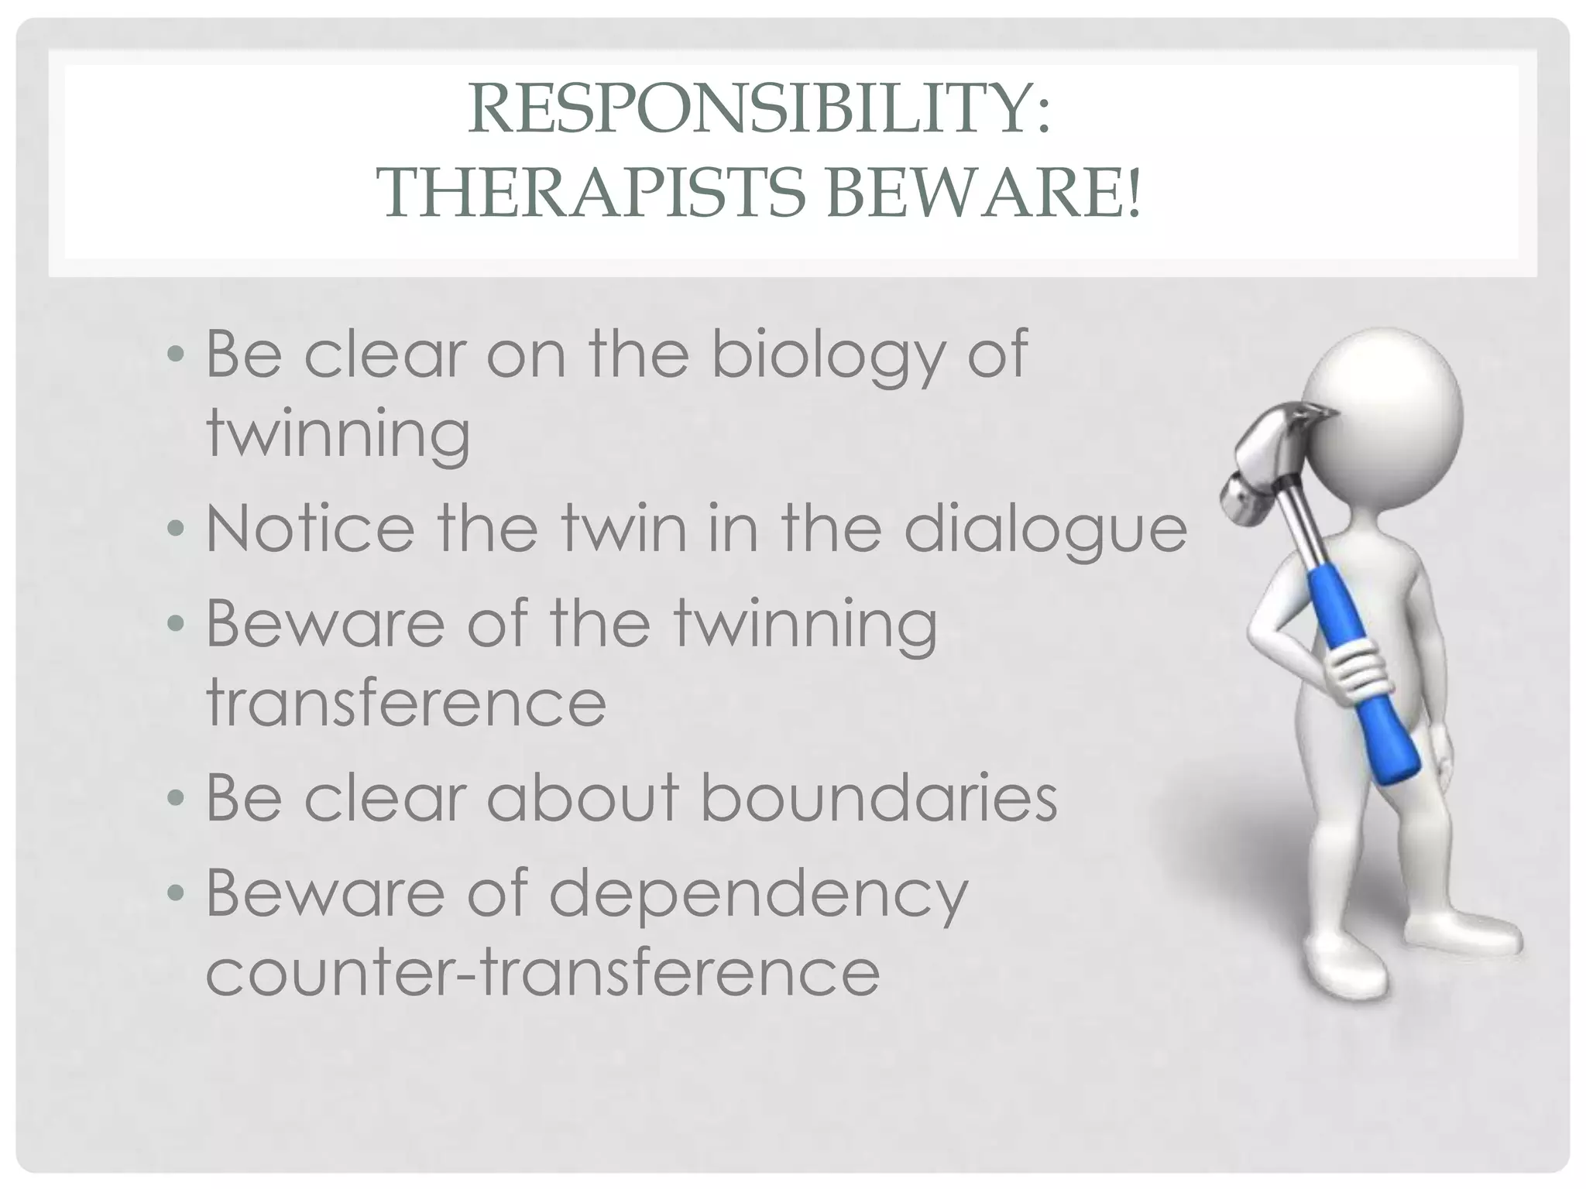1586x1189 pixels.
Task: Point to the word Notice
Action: pos(310,529)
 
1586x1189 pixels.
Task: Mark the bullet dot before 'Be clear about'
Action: pos(177,799)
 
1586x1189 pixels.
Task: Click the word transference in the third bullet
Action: pos(406,702)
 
